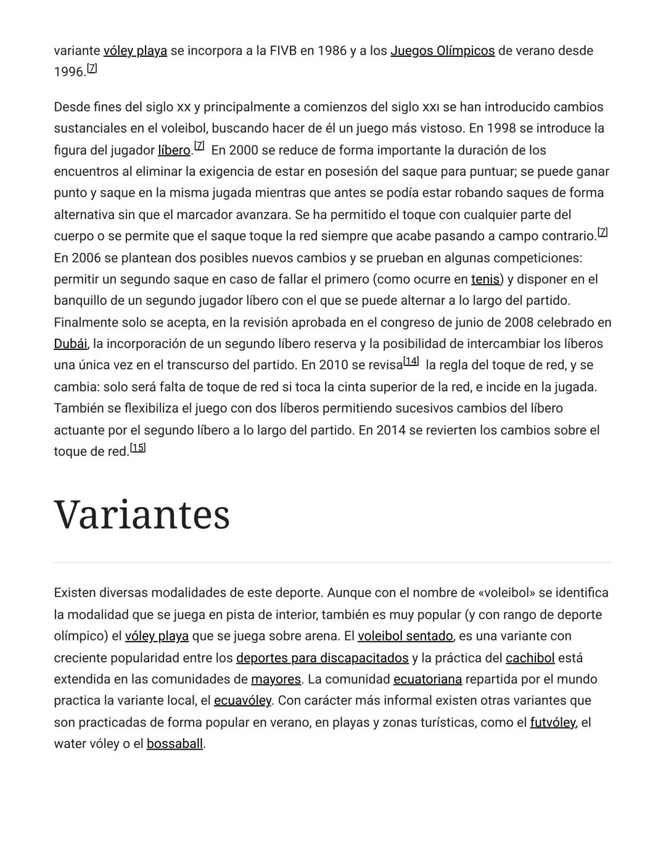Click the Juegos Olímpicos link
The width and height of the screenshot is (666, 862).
442,51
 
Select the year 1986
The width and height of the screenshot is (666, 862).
332,51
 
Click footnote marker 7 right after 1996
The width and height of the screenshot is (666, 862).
92,68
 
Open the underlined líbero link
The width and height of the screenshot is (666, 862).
174,151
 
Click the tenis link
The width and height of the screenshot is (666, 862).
485,280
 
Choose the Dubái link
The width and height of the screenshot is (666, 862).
70,344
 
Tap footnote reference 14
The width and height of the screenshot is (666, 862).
411,362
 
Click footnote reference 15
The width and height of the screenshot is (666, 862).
138,448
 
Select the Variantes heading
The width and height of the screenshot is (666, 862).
142,515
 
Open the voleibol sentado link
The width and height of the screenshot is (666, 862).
405,636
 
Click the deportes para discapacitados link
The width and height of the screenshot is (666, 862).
322,658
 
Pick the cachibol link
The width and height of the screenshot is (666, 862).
530,658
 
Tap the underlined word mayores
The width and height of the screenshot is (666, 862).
276,679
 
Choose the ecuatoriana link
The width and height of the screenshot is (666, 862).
427,679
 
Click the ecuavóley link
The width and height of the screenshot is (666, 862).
242,701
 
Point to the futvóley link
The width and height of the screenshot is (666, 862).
553,723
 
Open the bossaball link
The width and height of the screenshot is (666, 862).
175,744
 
